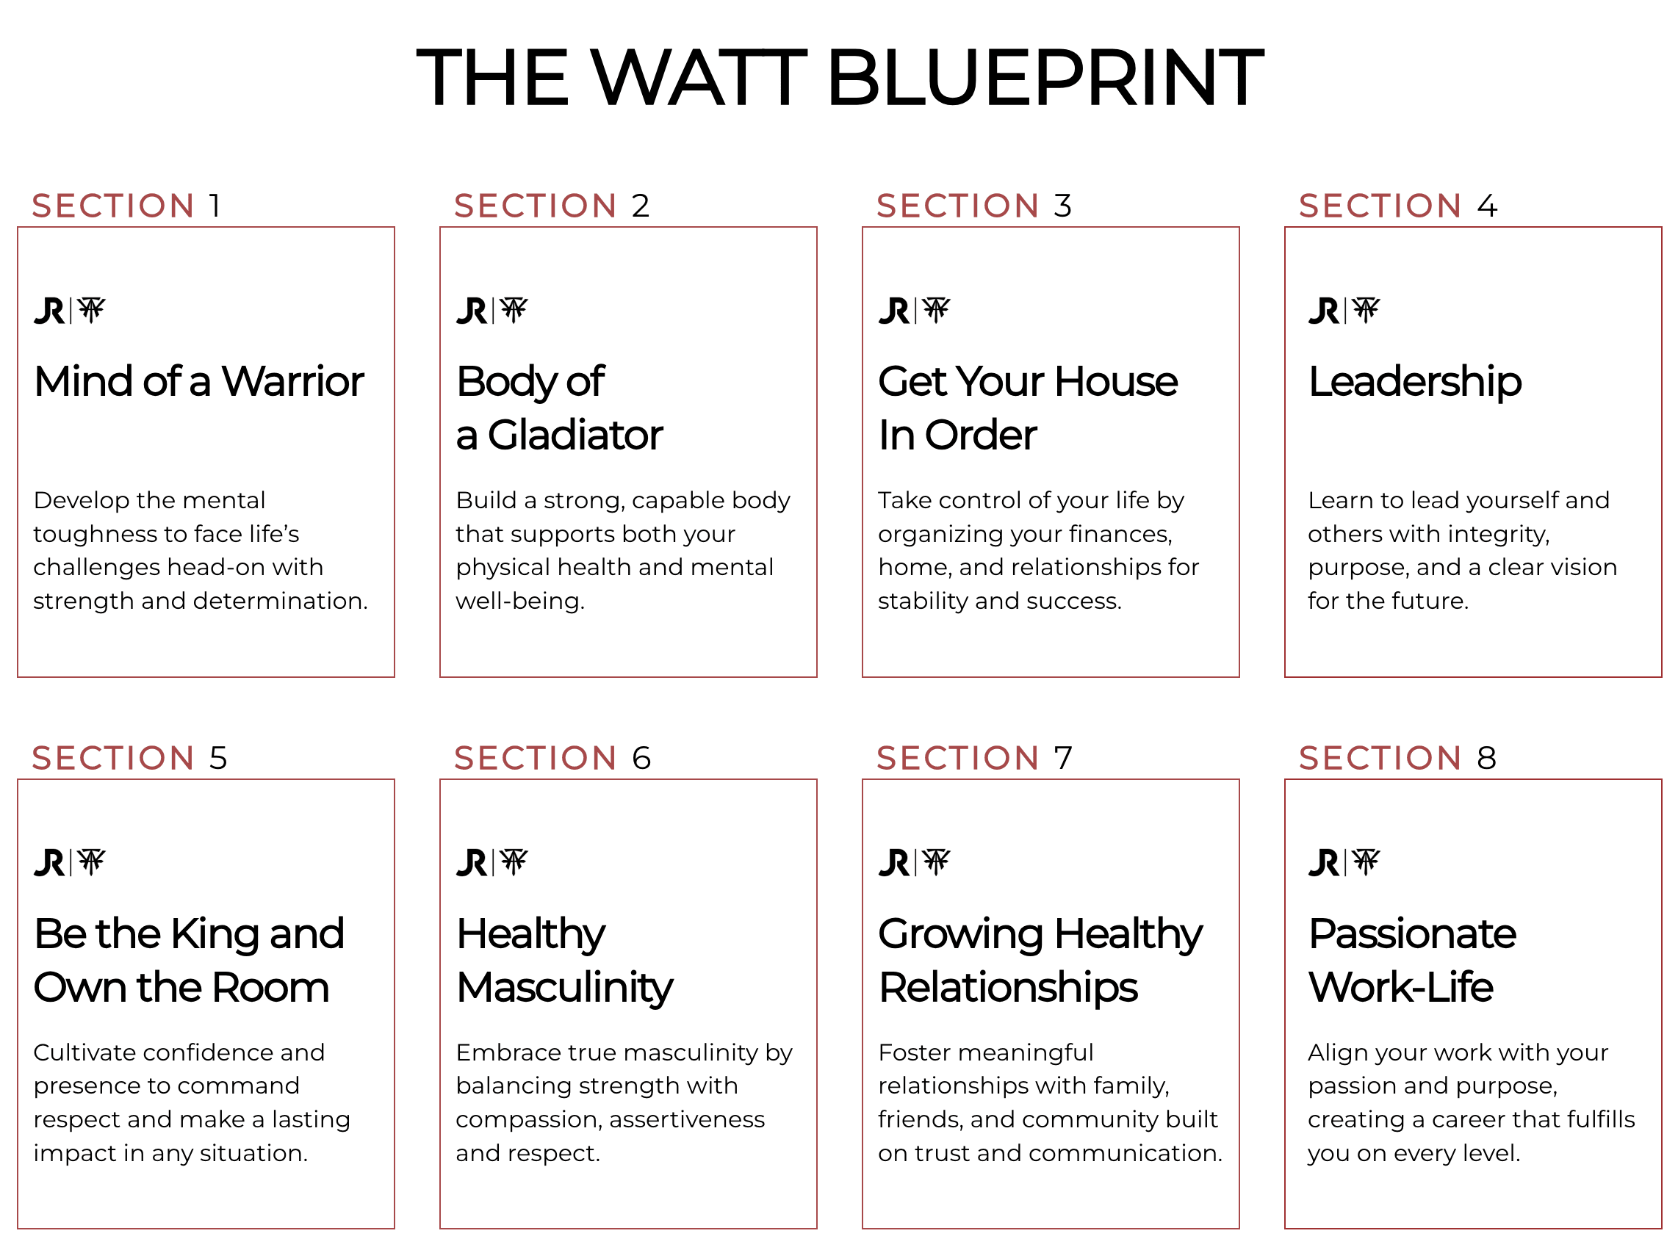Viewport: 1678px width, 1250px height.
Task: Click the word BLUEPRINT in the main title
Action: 1045,77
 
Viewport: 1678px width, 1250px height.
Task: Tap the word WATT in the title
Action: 699,77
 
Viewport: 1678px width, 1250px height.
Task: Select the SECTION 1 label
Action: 126,206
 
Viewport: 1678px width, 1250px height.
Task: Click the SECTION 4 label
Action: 1398,206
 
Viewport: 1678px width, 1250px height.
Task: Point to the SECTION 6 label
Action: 552,758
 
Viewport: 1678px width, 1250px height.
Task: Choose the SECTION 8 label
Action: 1398,758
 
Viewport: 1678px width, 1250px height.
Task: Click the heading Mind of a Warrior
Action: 199,380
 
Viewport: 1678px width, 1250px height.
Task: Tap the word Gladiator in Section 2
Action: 575,435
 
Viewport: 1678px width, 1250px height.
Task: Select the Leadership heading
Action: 1414,381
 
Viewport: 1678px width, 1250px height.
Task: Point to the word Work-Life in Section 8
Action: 1401,987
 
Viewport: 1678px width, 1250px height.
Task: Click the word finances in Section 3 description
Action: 1120,534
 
